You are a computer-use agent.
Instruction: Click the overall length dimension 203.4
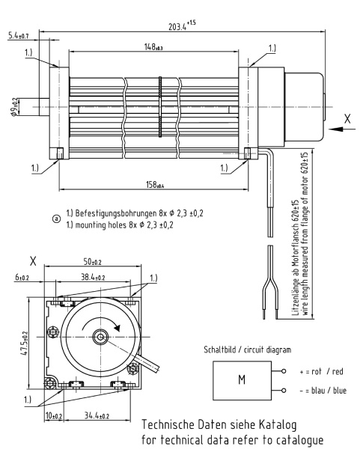[177, 27]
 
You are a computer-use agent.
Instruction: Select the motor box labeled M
[242, 379]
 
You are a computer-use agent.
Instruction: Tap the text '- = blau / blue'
[320, 390]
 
